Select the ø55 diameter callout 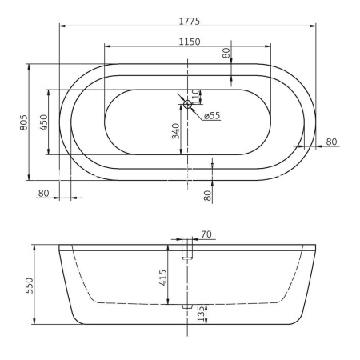tap(212, 116)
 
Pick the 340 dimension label tap(175, 130)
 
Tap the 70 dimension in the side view tap(206, 234)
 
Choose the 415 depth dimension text tap(162, 278)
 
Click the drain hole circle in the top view tap(188, 104)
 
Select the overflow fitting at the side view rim tap(188, 250)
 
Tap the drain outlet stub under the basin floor tap(188, 306)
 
